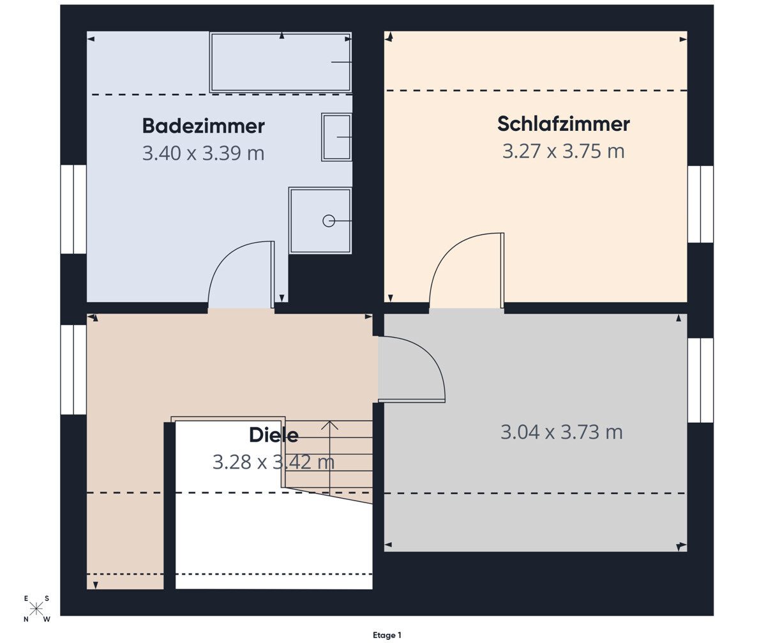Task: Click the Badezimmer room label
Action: pyautogui.click(x=203, y=126)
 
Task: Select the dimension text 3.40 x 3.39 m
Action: pyautogui.click(x=203, y=153)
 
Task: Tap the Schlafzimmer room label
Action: pyautogui.click(x=563, y=123)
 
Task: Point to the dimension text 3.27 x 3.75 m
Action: pyautogui.click(x=563, y=151)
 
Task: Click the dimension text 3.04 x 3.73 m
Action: pyautogui.click(x=561, y=432)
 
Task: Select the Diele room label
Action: pyautogui.click(x=273, y=435)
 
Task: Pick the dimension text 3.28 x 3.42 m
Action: pyautogui.click(x=273, y=462)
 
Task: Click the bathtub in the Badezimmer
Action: pyautogui.click(x=280, y=62)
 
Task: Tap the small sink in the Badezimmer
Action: pyautogui.click(x=336, y=137)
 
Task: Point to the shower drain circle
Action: pyautogui.click(x=329, y=220)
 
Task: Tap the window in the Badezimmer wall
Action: pyautogui.click(x=73, y=209)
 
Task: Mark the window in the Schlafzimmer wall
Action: pyautogui.click(x=700, y=204)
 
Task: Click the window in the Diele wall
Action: pyautogui.click(x=73, y=370)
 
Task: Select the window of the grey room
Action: pyautogui.click(x=700, y=380)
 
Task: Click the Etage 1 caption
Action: pyautogui.click(x=387, y=635)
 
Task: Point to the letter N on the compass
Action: pyautogui.click(x=26, y=619)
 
